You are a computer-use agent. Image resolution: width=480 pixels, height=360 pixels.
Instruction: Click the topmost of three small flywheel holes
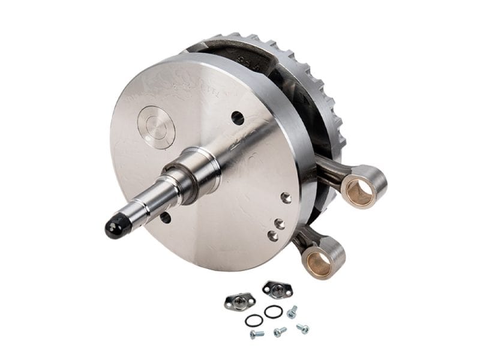[x=286, y=197]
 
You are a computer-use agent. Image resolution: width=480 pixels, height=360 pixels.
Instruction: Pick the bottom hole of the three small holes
[x=272, y=236]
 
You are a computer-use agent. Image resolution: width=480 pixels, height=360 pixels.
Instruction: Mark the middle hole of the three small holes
[x=279, y=224]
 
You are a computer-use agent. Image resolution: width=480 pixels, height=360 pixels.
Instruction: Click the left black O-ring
[x=254, y=320]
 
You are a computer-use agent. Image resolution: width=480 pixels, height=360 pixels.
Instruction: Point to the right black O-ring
[x=273, y=311]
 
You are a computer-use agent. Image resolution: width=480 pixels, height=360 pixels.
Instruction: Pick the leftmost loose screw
[x=257, y=334]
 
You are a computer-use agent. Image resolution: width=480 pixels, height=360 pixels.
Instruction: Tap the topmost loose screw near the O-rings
[x=292, y=311]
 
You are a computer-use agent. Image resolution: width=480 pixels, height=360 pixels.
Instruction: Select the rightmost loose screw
[x=302, y=328]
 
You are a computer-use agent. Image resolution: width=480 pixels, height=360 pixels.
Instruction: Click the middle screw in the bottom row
[x=279, y=331]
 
